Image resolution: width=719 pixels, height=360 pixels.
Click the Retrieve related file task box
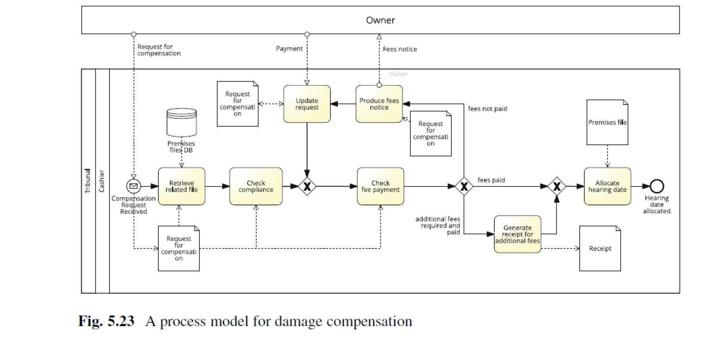(x=181, y=186)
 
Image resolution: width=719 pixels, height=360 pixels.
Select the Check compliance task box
(x=256, y=186)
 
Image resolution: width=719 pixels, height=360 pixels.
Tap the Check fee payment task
(x=380, y=186)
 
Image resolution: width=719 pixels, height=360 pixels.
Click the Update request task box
(x=307, y=104)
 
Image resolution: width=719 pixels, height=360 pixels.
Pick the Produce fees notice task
(x=379, y=104)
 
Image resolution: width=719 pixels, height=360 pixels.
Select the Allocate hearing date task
(x=607, y=186)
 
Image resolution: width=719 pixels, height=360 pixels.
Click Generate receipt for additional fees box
(x=517, y=234)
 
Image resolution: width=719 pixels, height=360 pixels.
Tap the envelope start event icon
(x=133, y=186)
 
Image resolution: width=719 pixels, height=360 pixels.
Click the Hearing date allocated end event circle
(x=657, y=186)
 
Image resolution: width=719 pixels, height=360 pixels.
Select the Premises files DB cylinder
(x=181, y=122)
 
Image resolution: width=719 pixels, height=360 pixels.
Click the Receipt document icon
(x=600, y=248)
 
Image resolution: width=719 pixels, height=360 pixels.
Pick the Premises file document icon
(x=607, y=122)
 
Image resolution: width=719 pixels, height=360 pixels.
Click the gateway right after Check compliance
(x=307, y=186)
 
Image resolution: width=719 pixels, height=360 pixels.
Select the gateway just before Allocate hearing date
(x=556, y=186)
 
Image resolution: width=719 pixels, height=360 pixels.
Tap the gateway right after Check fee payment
(x=463, y=186)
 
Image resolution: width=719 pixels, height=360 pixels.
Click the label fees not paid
(x=487, y=109)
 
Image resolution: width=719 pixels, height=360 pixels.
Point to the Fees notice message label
(x=400, y=49)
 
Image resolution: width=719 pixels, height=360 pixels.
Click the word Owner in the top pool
(x=380, y=20)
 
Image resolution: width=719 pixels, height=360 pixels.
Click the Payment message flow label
(x=289, y=49)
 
